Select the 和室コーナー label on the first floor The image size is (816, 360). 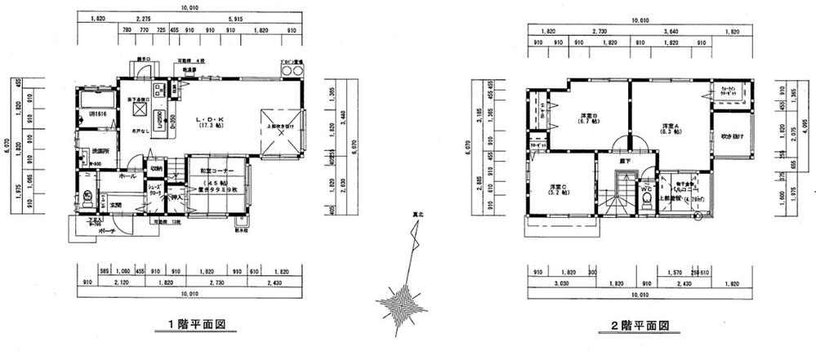(218, 170)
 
